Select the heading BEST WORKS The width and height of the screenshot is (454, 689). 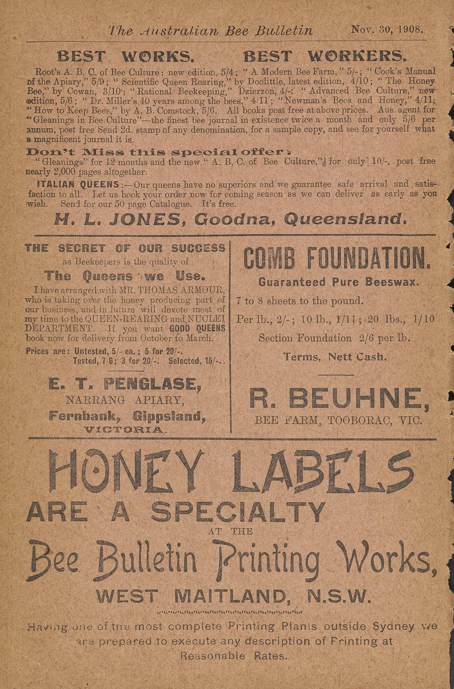[125, 56]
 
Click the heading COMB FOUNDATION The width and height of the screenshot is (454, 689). [337, 259]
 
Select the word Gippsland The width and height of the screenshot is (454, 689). [169, 416]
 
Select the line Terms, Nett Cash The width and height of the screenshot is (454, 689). [335, 357]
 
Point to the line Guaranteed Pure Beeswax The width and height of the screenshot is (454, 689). [338, 282]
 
